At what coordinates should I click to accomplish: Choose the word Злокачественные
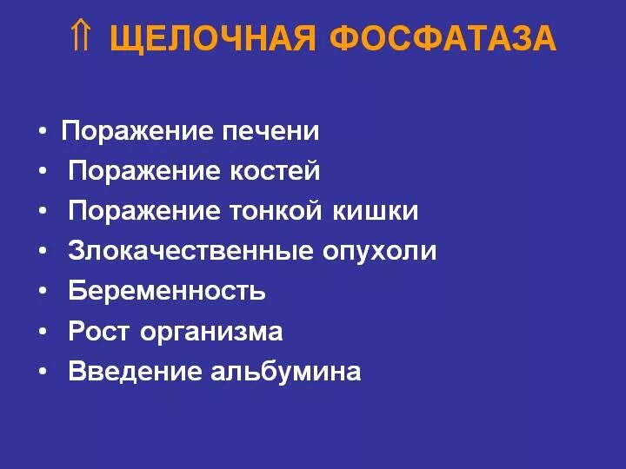tap(190, 252)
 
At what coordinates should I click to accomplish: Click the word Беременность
tap(167, 291)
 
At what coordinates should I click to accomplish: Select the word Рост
tap(100, 332)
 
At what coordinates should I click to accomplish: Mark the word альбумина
tap(286, 372)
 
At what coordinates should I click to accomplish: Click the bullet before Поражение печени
tap(43, 133)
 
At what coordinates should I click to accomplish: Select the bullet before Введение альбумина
tap(43, 373)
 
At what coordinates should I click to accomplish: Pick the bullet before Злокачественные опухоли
tap(43, 253)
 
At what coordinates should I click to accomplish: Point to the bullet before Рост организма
tap(43, 333)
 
